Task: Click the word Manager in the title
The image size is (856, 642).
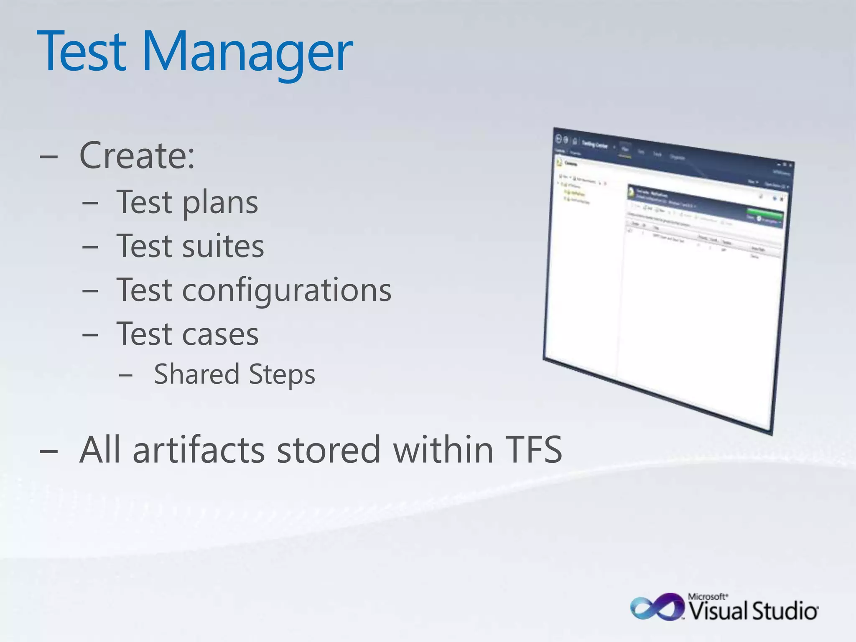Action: [247, 52]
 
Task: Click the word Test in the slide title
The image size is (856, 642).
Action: [82, 52]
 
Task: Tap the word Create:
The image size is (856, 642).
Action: [137, 155]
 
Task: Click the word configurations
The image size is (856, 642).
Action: [287, 290]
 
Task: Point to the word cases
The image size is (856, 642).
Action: [220, 335]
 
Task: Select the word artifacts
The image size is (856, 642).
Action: [199, 450]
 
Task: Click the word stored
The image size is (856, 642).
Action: [329, 450]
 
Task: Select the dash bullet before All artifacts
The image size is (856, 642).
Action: [48, 452]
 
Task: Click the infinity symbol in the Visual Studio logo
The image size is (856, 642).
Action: [657, 607]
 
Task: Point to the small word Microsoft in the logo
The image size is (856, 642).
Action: [707, 596]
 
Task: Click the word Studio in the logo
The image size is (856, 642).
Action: [785, 611]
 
